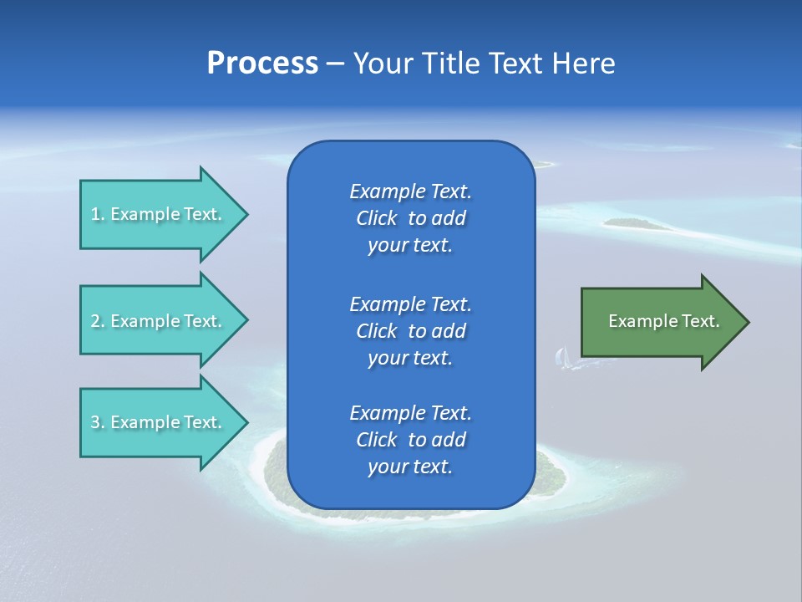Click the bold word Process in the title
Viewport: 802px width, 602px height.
(x=262, y=64)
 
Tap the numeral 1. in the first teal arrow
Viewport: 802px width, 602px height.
(x=97, y=214)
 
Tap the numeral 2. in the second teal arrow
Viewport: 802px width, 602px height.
(x=97, y=321)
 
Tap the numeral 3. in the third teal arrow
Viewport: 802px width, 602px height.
(x=97, y=422)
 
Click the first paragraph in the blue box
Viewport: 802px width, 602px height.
(x=410, y=218)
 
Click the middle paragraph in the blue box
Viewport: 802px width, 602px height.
(x=410, y=331)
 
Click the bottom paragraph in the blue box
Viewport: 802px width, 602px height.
(x=410, y=440)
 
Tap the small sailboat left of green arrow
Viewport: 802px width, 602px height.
(x=562, y=358)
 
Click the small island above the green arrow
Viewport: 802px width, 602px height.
(x=637, y=223)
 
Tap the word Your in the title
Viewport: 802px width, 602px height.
(x=382, y=64)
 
